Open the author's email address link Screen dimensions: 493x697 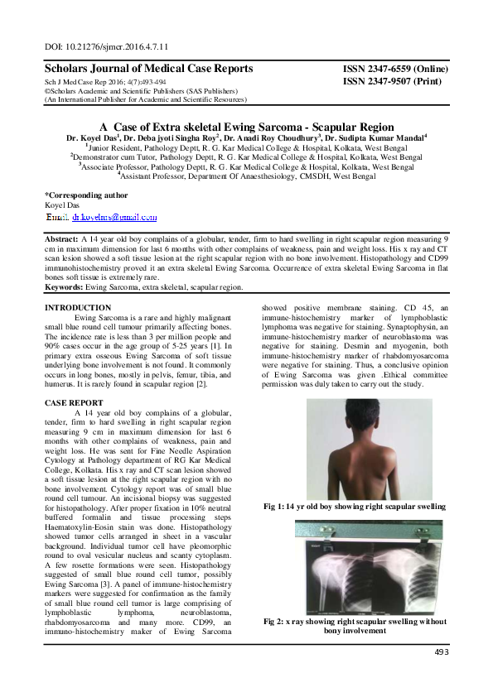(104, 217)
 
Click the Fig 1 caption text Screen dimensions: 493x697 (353, 506)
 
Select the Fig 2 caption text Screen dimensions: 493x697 (354, 625)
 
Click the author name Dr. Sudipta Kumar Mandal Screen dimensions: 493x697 (375, 137)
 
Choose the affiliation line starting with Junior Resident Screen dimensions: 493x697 (246, 147)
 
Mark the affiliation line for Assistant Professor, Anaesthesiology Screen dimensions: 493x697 (246, 175)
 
